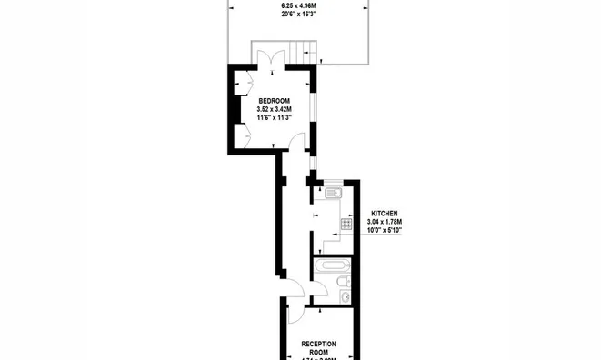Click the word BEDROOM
(274, 100)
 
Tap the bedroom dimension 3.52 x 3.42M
(274, 108)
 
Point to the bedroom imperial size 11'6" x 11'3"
(274, 116)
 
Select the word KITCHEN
(384, 214)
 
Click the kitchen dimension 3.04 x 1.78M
(384, 222)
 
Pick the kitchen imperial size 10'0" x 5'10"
(384, 230)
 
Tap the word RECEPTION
(319, 344)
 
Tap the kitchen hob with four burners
(346, 225)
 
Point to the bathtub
(334, 265)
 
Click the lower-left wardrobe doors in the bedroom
(244, 135)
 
